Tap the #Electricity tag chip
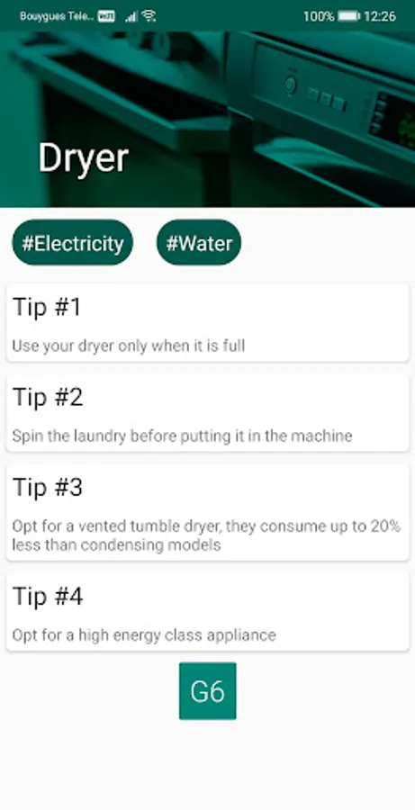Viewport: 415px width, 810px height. point(72,242)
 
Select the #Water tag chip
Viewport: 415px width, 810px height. point(199,242)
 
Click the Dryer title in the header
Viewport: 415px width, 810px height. point(83,159)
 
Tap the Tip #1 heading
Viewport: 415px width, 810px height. point(47,307)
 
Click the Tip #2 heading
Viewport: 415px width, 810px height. point(48,397)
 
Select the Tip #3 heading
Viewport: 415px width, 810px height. point(48,487)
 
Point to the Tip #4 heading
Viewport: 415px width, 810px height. point(48,596)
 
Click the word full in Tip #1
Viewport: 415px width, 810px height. point(233,346)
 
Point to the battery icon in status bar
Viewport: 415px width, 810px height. point(348,16)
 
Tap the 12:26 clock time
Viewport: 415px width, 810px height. point(380,16)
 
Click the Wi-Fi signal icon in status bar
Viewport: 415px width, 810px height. point(149,16)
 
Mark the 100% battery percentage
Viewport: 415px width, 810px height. point(319,16)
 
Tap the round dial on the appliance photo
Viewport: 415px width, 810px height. point(291,85)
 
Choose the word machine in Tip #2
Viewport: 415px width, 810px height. point(321,436)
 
